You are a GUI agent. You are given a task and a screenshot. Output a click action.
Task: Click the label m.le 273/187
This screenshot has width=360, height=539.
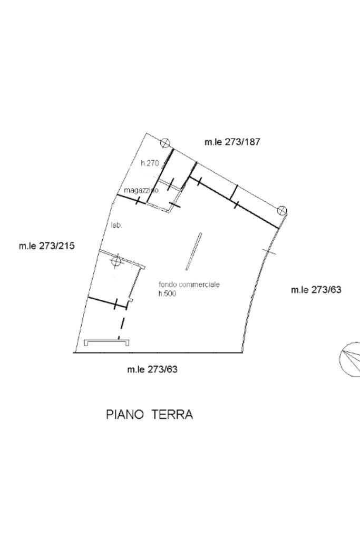coord(232,142)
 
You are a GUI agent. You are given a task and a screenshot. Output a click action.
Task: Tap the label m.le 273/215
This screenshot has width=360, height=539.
coord(47,246)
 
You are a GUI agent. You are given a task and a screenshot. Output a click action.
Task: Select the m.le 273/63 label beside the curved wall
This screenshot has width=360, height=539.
coord(316,290)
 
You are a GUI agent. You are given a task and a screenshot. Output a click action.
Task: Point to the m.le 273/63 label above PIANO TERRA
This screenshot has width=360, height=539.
coord(152,369)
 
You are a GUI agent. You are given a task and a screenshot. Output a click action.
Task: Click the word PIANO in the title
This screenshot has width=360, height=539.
coord(125,415)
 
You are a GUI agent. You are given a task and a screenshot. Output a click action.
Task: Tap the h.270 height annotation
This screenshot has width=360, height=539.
coord(150,163)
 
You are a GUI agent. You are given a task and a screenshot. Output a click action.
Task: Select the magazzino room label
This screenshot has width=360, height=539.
coord(141,190)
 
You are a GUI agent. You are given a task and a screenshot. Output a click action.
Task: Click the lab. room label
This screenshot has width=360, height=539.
coord(116,226)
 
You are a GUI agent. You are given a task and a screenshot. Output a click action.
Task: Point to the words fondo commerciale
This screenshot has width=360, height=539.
coord(189,285)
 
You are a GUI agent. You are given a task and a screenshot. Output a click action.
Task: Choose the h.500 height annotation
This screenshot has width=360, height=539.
coord(167,293)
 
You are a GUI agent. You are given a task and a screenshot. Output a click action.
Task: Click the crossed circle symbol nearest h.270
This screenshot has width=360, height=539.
coord(166,143)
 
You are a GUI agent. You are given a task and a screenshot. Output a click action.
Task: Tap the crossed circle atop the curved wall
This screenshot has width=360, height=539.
coord(282,210)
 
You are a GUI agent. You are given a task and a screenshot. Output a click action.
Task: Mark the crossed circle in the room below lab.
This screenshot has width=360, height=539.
coord(116,261)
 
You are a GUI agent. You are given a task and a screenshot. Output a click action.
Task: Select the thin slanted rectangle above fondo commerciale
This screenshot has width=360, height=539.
coord(193,252)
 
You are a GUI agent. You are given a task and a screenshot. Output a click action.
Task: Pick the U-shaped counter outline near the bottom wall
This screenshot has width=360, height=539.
coord(107,341)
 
